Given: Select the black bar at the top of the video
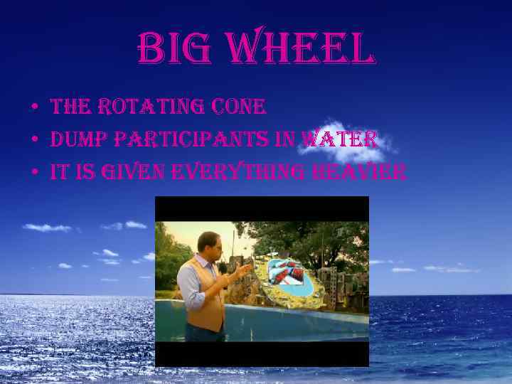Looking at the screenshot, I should coord(262,208).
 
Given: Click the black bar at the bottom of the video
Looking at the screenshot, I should coord(262,353).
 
